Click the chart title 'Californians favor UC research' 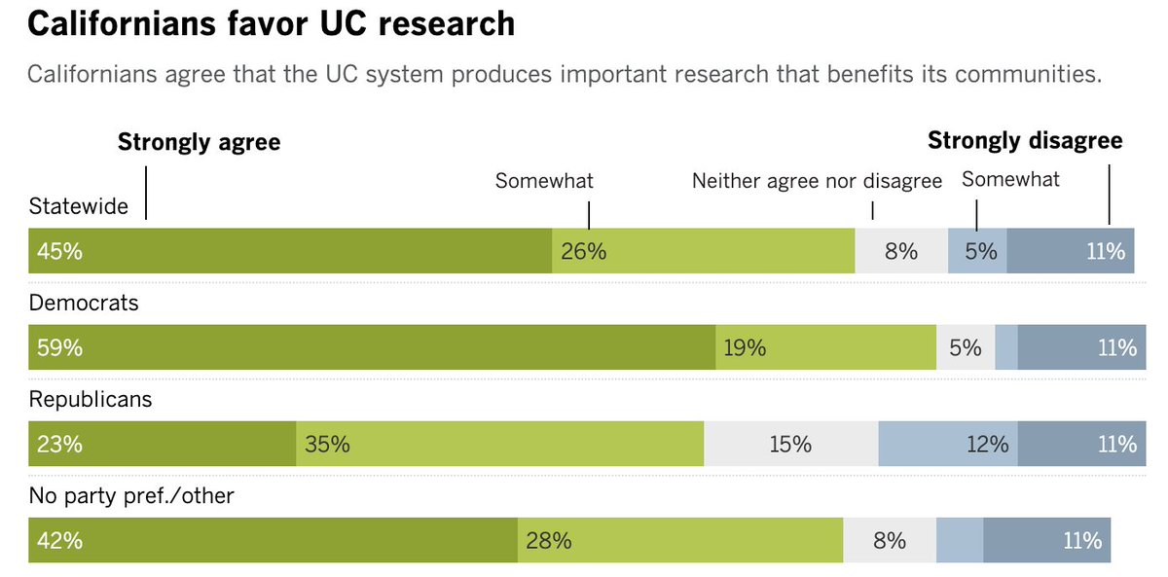click(271, 24)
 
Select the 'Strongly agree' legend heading click(199, 142)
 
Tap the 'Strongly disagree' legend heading click(1024, 141)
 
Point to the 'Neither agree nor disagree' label click(817, 181)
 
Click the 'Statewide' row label click(79, 206)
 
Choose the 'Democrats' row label click(84, 303)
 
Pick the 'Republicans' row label click(91, 399)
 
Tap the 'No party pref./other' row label click(131, 495)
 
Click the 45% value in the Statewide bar click(60, 251)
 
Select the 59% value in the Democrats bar click(60, 347)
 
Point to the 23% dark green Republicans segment click(162, 444)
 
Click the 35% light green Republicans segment click(499, 444)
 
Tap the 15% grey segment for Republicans click(790, 444)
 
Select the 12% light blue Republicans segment click(948, 444)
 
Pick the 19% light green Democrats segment click(825, 347)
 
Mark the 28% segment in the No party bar click(679, 540)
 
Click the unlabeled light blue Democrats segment click(1006, 347)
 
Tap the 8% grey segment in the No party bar click(890, 540)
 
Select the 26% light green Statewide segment click(703, 251)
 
